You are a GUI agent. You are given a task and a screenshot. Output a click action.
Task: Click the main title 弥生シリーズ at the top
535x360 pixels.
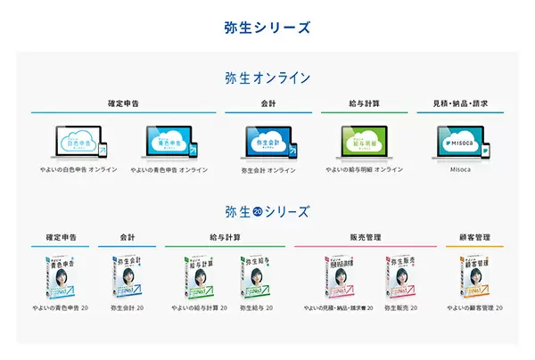[x=267, y=28]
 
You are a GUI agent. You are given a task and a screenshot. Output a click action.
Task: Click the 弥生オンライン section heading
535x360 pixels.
[x=267, y=78]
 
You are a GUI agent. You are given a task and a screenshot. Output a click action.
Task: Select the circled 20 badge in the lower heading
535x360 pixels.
[x=258, y=212]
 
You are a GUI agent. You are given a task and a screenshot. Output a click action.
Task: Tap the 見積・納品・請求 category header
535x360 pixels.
[x=459, y=103]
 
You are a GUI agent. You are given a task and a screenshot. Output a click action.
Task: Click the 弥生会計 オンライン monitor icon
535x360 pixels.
[x=267, y=141]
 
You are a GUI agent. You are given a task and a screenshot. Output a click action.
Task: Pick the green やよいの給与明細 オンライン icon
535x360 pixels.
[x=364, y=141]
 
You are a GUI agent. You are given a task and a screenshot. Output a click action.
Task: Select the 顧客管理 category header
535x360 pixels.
[x=474, y=238]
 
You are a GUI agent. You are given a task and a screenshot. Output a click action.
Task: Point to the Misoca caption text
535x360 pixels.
[x=459, y=169]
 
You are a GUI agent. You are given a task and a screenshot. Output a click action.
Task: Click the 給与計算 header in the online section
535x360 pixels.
[x=364, y=103]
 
